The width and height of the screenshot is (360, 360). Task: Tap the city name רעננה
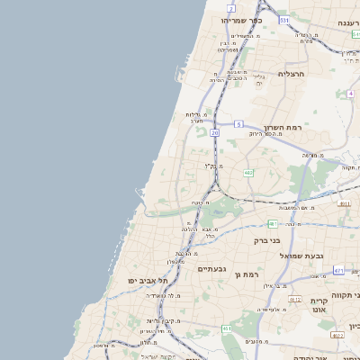click(x=346, y=22)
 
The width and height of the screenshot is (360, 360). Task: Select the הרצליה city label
click(x=292, y=73)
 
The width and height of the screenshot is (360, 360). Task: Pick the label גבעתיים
click(x=211, y=268)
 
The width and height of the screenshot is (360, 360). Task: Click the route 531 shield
click(x=283, y=19)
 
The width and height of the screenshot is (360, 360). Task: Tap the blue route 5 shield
click(x=238, y=123)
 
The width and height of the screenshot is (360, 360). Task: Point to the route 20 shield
click(x=215, y=132)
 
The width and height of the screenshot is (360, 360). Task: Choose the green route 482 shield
click(x=247, y=172)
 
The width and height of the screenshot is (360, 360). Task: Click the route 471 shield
click(x=338, y=269)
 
